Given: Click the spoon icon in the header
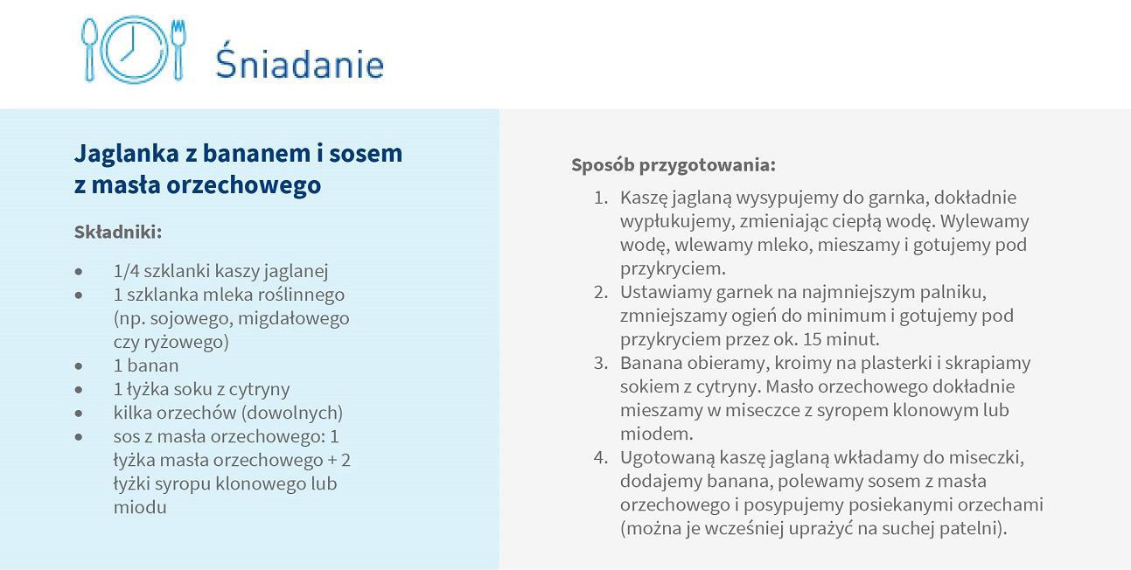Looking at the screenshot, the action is click(x=89, y=50).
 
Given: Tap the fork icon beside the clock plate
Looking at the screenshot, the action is click(x=178, y=50).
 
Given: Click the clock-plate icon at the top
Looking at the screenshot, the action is click(x=134, y=50).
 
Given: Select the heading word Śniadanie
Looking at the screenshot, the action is click(x=300, y=60).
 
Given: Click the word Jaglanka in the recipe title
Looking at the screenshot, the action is click(x=126, y=154).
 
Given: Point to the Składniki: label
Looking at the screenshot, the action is click(x=118, y=232).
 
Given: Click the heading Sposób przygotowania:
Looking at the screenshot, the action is click(x=674, y=165).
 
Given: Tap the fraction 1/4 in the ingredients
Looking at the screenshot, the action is click(x=126, y=271).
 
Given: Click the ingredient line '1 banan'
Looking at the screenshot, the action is click(x=146, y=365).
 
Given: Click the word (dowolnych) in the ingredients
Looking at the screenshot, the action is click(x=292, y=414).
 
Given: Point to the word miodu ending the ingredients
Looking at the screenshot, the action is click(x=140, y=507).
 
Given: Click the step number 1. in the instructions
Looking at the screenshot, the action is click(x=601, y=198).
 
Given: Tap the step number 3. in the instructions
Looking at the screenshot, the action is click(x=601, y=363).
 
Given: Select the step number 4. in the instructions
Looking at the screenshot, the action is click(x=601, y=457).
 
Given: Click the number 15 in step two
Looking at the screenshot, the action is click(x=813, y=339).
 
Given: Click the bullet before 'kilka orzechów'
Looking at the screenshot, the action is click(x=78, y=414).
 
